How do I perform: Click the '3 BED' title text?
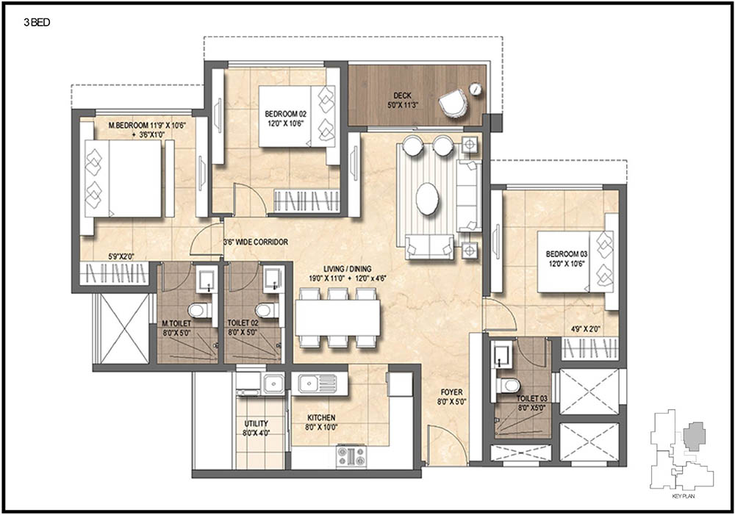point(37,23)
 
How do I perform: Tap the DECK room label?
point(403,96)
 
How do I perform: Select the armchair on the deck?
point(453,103)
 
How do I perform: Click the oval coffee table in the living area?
point(427,198)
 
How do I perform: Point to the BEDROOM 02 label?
point(285,114)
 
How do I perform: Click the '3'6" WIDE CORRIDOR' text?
point(256,242)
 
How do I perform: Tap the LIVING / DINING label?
point(348,269)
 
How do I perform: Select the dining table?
point(337,317)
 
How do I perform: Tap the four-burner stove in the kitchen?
point(351,456)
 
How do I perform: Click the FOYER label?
point(451,392)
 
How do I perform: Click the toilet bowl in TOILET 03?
point(509,386)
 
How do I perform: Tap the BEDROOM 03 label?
point(566,254)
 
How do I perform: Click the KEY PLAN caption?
point(683,496)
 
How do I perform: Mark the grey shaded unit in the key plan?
point(694,436)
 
